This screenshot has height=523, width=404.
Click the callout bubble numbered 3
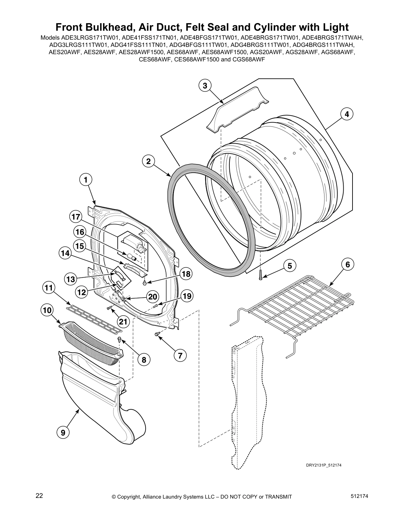tap(205, 86)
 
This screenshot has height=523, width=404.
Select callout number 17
tap(76, 217)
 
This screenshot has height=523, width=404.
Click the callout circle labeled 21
tap(123, 322)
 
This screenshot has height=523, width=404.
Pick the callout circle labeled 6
tap(348, 264)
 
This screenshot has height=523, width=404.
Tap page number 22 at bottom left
tap(39, 495)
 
